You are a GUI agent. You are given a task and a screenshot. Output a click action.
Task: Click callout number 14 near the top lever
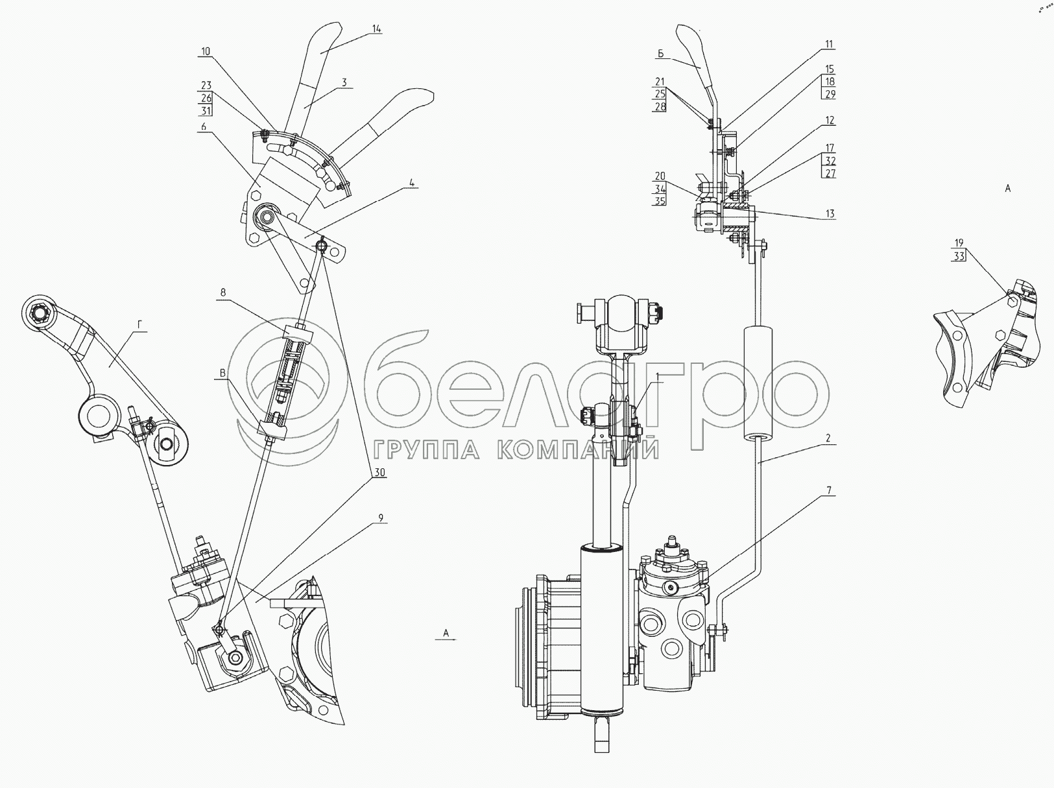point(376,29)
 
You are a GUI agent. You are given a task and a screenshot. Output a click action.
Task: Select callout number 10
point(206,51)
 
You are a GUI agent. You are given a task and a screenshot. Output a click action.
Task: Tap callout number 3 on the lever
point(344,82)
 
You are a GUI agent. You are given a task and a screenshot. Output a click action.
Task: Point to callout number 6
point(204,126)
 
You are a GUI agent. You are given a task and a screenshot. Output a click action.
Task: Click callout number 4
point(411,182)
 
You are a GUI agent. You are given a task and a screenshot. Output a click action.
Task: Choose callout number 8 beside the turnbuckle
point(223,293)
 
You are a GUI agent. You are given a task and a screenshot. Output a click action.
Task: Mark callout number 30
point(380,473)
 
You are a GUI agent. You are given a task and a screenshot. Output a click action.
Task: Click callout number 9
point(381,518)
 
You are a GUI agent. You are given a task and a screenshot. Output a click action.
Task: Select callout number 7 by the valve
point(829,490)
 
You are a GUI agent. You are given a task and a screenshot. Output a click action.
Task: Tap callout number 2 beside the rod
point(828,438)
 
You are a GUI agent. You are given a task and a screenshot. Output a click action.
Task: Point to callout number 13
point(830,214)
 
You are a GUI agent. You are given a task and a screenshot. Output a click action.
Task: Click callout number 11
point(830,45)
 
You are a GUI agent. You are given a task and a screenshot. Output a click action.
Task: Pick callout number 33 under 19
point(959,256)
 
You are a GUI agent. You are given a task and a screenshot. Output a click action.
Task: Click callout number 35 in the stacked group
point(660,200)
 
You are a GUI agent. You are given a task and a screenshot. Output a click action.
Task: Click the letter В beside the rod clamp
point(222,373)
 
